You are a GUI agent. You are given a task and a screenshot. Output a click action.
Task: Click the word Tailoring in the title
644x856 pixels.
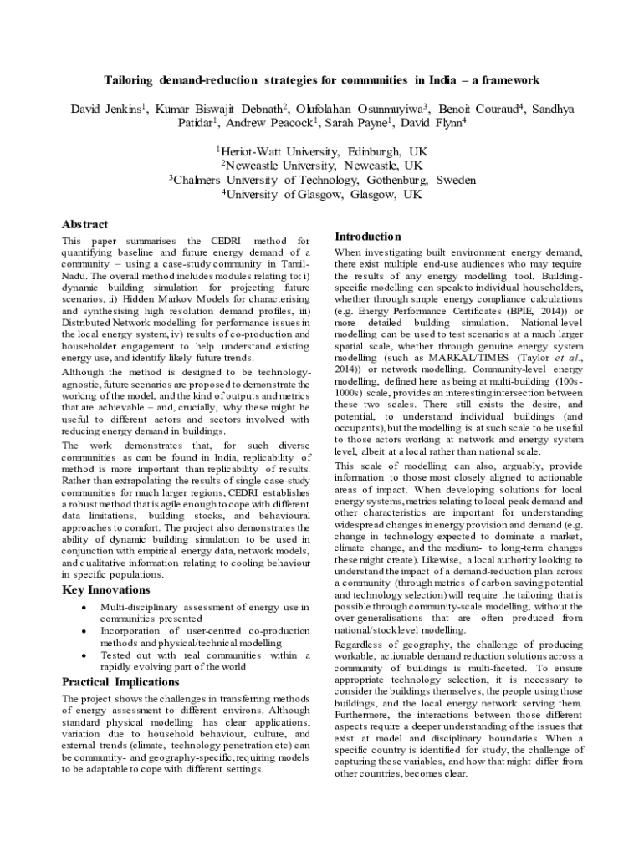pyautogui.click(x=131, y=80)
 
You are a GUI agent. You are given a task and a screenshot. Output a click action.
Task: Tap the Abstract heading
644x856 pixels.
pyautogui.click(x=84, y=224)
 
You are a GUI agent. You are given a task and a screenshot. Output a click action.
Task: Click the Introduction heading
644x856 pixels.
pyautogui.click(x=367, y=237)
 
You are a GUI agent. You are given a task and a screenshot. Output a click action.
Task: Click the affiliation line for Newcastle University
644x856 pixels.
pyautogui.click(x=321, y=166)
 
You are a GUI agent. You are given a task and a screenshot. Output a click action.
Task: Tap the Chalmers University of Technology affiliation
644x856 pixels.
pyautogui.click(x=323, y=180)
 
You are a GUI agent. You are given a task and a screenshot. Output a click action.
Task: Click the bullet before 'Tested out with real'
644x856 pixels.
pyautogui.click(x=84, y=655)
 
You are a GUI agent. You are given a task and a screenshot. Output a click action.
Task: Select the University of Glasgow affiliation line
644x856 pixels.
pyautogui.click(x=321, y=194)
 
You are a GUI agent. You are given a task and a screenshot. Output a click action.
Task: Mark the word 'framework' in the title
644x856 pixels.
pyautogui.click(x=513, y=80)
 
